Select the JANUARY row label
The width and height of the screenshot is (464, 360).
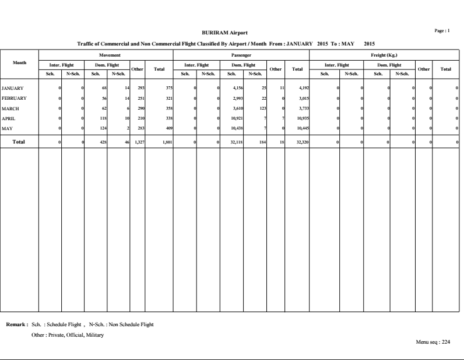tap(12, 88)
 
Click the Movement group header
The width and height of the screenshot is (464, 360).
tap(106, 54)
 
